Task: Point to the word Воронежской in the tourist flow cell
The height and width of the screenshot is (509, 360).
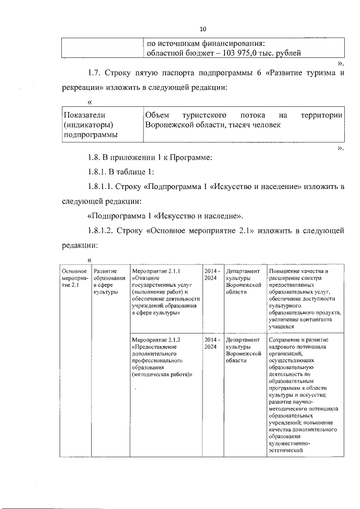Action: [x=170, y=125]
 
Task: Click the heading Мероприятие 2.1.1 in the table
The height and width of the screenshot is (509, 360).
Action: [x=155, y=271]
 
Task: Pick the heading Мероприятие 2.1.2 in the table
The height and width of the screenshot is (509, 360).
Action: [x=155, y=340]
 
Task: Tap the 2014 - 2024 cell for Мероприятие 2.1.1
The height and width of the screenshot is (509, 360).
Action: [x=211, y=274]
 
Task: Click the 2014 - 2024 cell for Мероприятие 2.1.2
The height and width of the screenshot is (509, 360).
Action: [x=211, y=344]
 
